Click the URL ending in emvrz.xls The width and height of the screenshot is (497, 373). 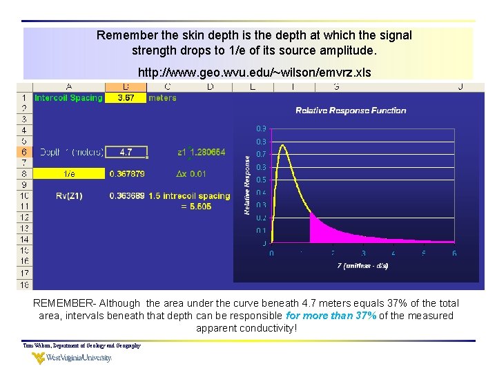[x=254, y=73]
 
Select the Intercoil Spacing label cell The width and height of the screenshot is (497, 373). [x=68, y=98]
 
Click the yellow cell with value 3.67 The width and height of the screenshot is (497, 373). [x=126, y=98]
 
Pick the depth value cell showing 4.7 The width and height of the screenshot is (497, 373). [x=126, y=152]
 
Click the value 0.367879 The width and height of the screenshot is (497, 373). [x=127, y=173]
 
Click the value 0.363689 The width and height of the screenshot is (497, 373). [x=127, y=195]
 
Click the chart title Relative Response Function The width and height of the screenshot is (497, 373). [x=351, y=111]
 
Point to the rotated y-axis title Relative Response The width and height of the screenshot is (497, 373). [x=247, y=184]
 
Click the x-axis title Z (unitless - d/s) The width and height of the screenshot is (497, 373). [x=362, y=265]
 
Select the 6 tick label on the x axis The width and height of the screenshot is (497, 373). [x=454, y=254]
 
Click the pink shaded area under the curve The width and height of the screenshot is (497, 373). [x=324, y=231]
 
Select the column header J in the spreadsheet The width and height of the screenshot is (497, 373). [x=460, y=87]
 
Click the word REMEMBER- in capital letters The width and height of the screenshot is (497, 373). [x=65, y=303]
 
